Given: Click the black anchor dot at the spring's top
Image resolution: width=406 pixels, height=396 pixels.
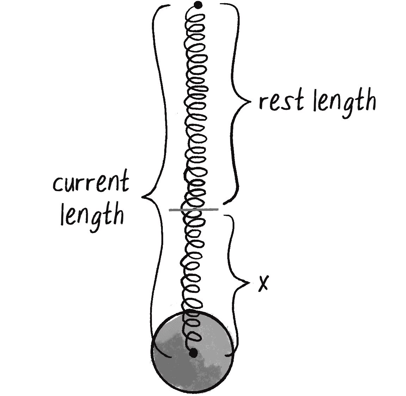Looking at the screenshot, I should click(x=198, y=5).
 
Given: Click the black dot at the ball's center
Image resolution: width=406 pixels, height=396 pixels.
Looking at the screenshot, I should click(x=193, y=353).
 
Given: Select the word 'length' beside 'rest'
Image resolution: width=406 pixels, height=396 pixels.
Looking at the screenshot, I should click(x=345, y=101).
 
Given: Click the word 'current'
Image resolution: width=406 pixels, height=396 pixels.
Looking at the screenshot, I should click(x=91, y=183).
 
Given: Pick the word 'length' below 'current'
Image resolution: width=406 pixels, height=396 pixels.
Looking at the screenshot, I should click(x=92, y=215).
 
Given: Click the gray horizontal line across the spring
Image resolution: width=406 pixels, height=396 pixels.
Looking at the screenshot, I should click(x=193, y=210).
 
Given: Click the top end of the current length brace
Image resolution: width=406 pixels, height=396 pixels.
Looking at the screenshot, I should click(x=170, y=6).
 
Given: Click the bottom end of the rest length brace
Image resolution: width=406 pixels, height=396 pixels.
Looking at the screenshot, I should click(x=223, y=203).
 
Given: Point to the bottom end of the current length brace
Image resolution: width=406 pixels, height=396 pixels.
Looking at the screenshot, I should click(x=171, y=357).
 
